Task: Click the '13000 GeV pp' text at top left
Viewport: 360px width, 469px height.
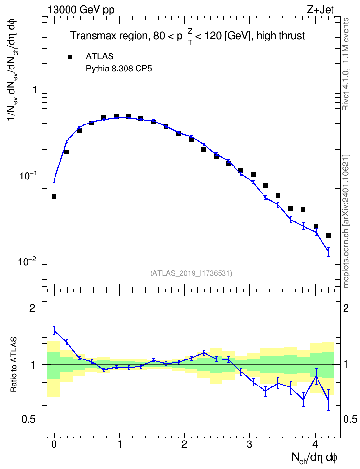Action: pyautogui.click(x=81, y=10)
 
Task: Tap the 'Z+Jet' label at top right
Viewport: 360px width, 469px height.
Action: pyautogui.click(x=320, y=9)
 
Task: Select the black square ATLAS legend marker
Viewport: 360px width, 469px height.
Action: pyautogui.click(x=70, y=56)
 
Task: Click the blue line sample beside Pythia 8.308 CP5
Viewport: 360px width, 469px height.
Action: pyautogui.click(x=70, y=69)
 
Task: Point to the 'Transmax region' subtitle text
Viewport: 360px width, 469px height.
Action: pyautogui.click(x=109, y=36)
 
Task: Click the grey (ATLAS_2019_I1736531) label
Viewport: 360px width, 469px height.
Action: pyautogui.click(x=191, y=273)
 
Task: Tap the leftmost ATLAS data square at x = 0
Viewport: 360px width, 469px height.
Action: pyautogui.click(x=54, y=196)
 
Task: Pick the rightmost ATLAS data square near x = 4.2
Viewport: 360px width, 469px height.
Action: pyautogui.click(x=328, y=235)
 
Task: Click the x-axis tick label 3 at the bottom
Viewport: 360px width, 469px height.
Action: pyautogui.click(x=249, y=444)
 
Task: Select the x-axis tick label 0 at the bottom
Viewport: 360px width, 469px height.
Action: pyautogui.click(x=54, y=444)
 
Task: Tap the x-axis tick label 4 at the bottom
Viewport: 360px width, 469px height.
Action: pyautogui.click(x=315, y=444)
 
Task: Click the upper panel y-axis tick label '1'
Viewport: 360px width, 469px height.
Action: pyautogui.click(x=35, y=89)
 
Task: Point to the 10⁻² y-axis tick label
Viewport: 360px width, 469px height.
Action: pyautogui.click(x=27, y=261)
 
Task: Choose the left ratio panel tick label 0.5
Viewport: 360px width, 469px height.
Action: pyautogui.click(x=29, y=420)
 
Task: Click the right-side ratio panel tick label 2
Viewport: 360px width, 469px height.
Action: pyautogui.click(x=346, y=308)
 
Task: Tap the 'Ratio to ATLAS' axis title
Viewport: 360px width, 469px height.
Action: pyautogui.click(x=14, y=365)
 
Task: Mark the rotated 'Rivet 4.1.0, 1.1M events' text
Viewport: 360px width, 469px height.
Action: pyautogui.click(x=346, y=64)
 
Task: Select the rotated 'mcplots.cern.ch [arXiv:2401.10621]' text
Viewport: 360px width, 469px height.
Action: pyautogui.click(x=346, y=221)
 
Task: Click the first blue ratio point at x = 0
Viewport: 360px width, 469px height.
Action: pyautogui.click(x=54, y=330)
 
